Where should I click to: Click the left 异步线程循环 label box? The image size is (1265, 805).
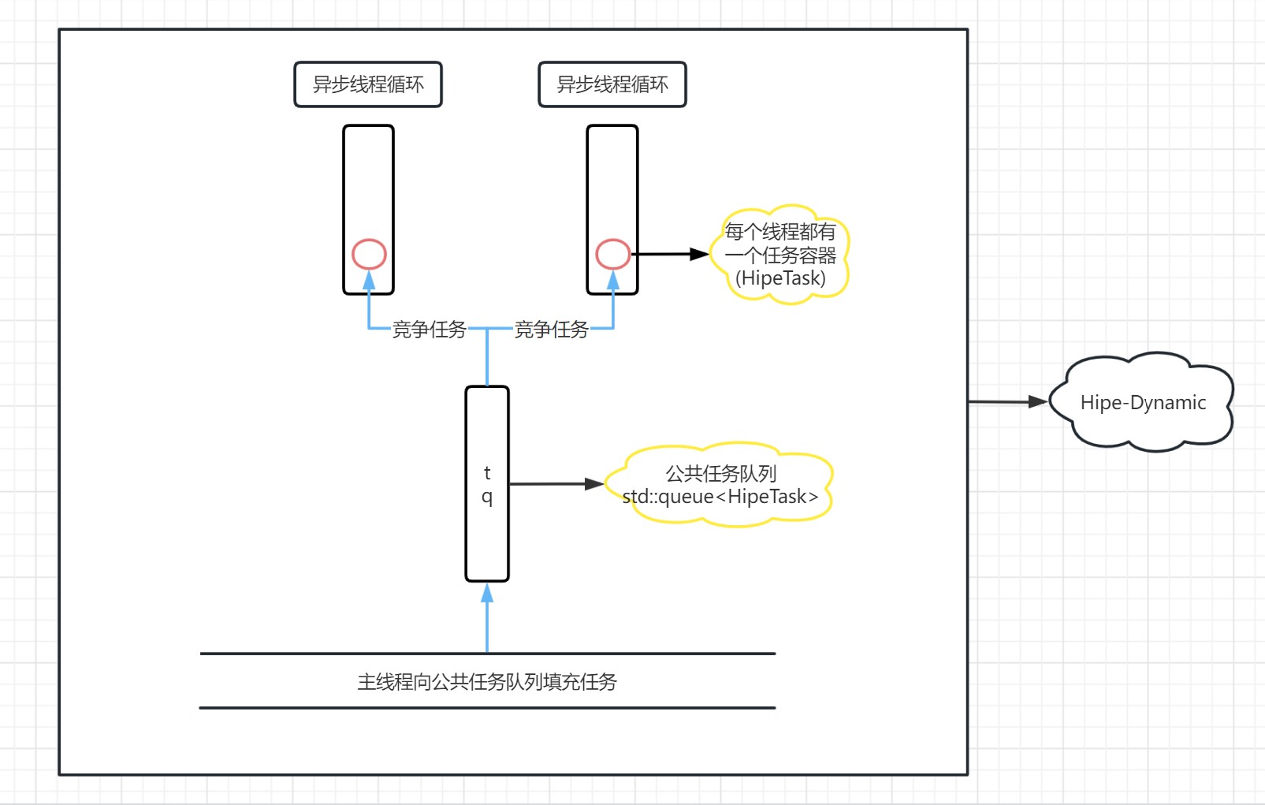coord(368,84)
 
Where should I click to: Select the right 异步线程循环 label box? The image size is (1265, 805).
coord(612,84)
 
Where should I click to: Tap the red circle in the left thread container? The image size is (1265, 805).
coord(369,254)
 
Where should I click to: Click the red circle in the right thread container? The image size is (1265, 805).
coord(612,254)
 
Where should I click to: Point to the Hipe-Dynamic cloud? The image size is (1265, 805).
coord(1142,403)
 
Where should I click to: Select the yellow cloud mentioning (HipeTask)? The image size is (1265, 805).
coord(780,255)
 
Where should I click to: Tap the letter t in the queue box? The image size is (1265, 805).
coord(487,472)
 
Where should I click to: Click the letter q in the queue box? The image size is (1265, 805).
coord(487,497)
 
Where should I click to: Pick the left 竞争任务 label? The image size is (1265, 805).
coord(429,330)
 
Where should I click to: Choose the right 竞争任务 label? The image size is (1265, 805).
coord(551,330)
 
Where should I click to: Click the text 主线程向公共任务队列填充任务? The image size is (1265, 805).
coord(487,682)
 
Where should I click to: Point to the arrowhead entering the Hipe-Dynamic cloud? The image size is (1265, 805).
coord(1038,402)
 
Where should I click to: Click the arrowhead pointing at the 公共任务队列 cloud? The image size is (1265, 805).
coord(594,484)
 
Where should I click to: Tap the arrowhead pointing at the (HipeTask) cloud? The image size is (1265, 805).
coord(699,254)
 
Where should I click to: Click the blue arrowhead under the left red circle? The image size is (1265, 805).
coord(369,280)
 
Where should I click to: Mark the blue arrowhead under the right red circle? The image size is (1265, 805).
coord(612,280)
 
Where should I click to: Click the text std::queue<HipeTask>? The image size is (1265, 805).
coord(720,497)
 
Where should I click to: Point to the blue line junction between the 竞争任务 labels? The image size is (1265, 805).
coord(487,328)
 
